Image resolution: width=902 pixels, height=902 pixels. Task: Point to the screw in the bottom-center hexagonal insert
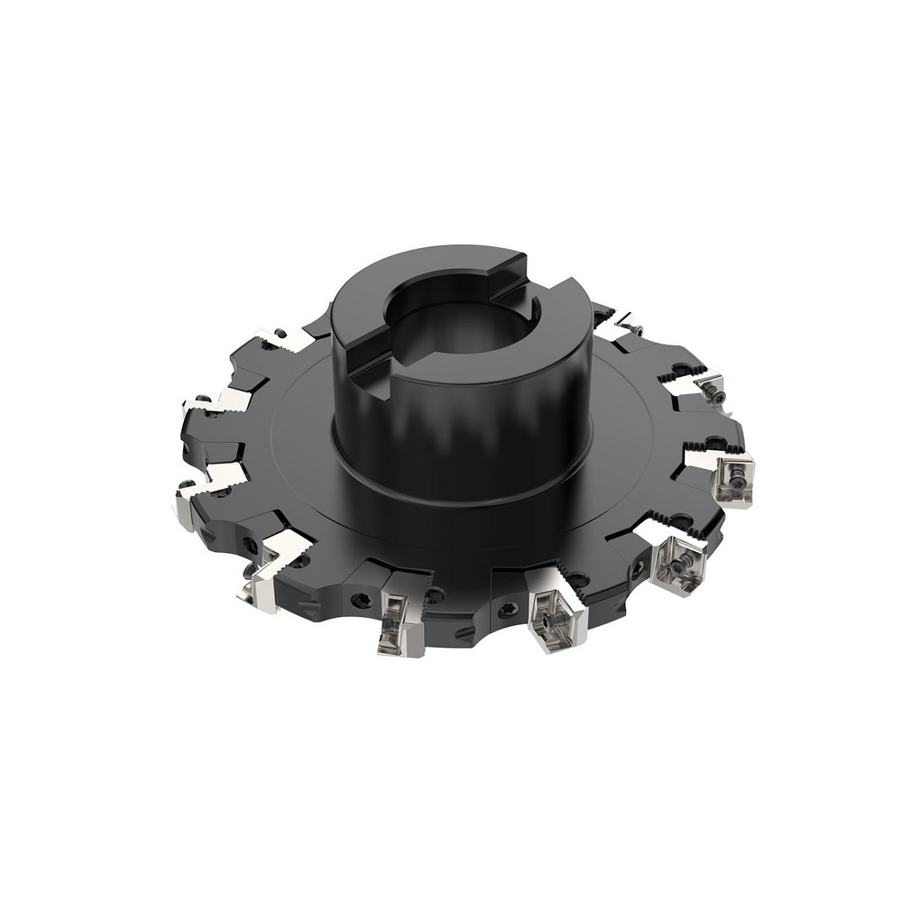[550, 622]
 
